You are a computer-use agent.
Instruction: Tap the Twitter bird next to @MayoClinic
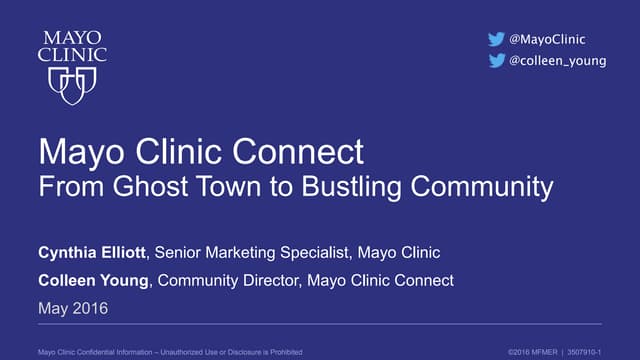(496, 39)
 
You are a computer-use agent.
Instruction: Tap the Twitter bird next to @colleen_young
(496, 61)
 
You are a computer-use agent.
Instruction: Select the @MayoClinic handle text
(547, 39)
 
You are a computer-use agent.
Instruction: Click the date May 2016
(72, 309)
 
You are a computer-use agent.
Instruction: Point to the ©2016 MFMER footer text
(535, 350)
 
